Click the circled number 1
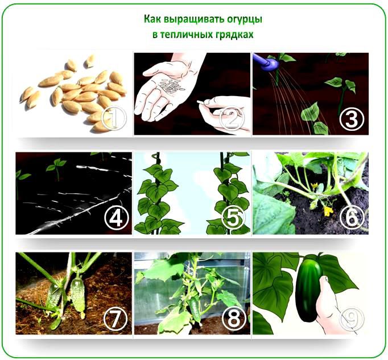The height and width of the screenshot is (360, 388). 114,118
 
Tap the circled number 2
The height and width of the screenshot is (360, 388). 232,119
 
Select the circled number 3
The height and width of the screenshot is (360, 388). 352,119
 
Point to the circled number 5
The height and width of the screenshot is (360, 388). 233,218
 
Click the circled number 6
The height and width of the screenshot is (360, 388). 352,217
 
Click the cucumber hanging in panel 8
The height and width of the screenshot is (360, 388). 195,309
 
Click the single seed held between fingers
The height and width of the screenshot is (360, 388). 200,102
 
